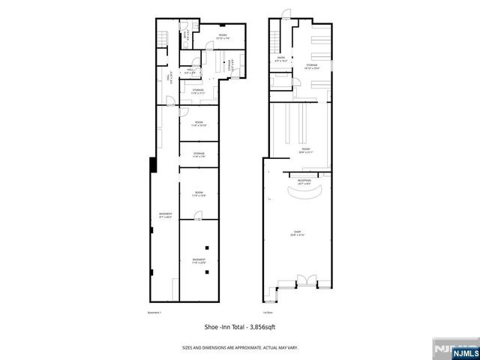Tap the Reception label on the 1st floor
[304, 181]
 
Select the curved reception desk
[304, 192]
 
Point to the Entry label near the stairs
[281, 58]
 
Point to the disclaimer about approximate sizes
[240, 346]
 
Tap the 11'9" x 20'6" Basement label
[199, 261]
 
